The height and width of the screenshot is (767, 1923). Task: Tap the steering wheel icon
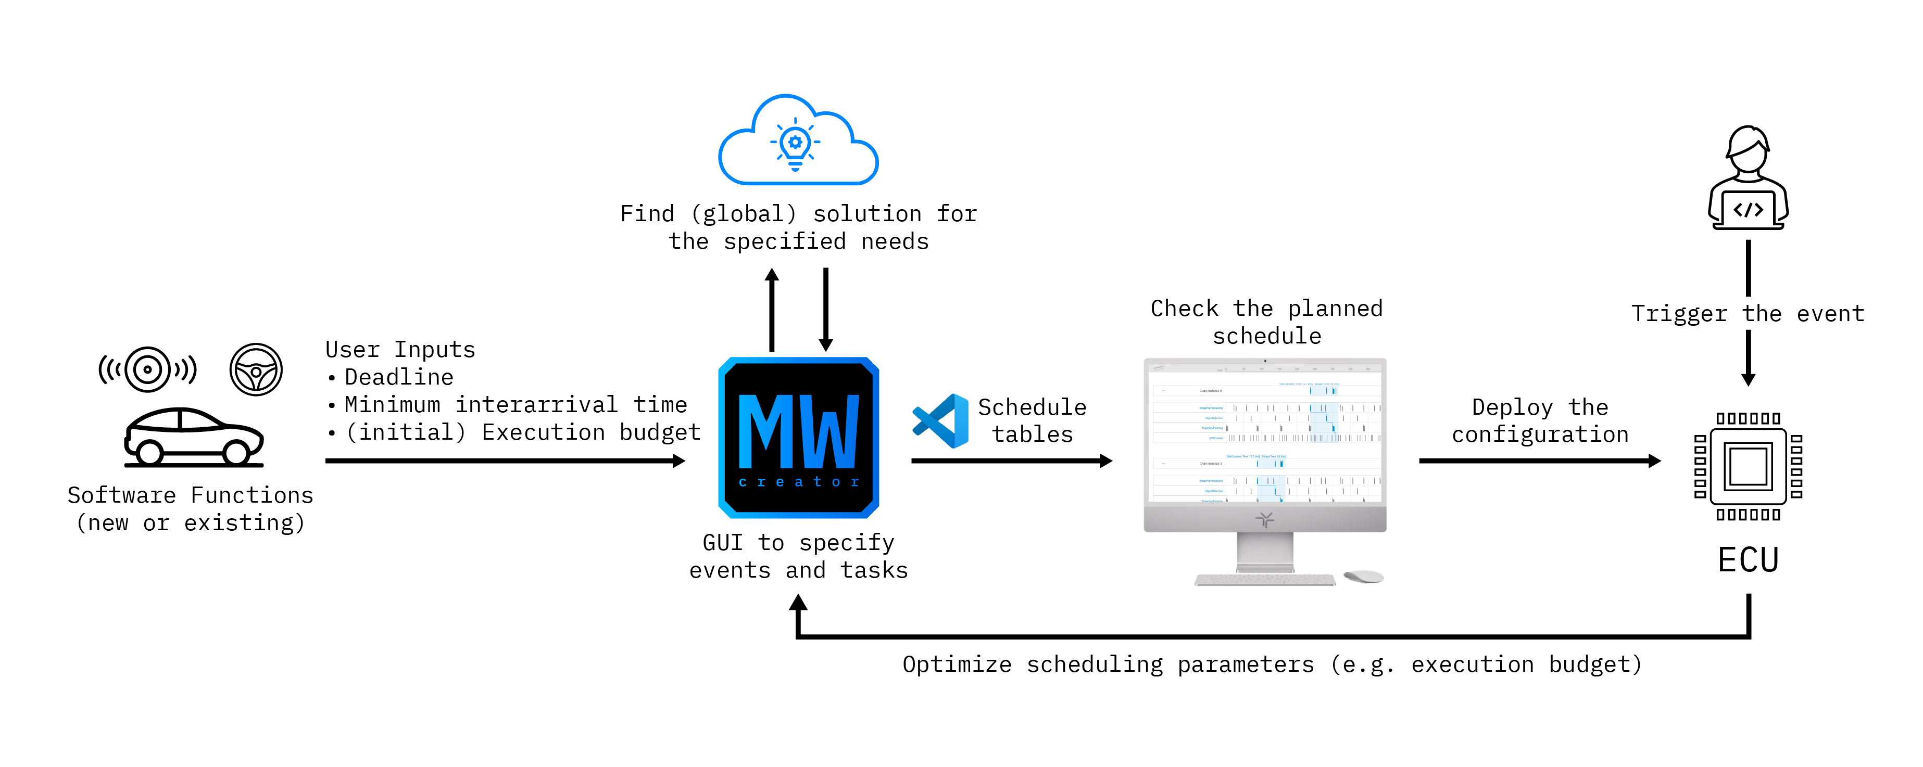(256, 369)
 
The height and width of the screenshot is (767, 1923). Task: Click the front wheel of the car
(236, 451)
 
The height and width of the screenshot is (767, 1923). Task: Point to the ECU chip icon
(1748, 466)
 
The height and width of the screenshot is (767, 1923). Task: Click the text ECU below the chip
(1748, 559)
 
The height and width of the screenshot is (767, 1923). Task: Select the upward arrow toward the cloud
(772, 310)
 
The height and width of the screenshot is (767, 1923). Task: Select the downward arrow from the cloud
(826, 310)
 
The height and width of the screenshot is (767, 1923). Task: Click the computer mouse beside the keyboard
(1364, 577)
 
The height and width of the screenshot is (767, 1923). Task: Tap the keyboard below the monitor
(1265, 580)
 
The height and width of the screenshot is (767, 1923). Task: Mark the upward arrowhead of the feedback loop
(798, 603)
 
